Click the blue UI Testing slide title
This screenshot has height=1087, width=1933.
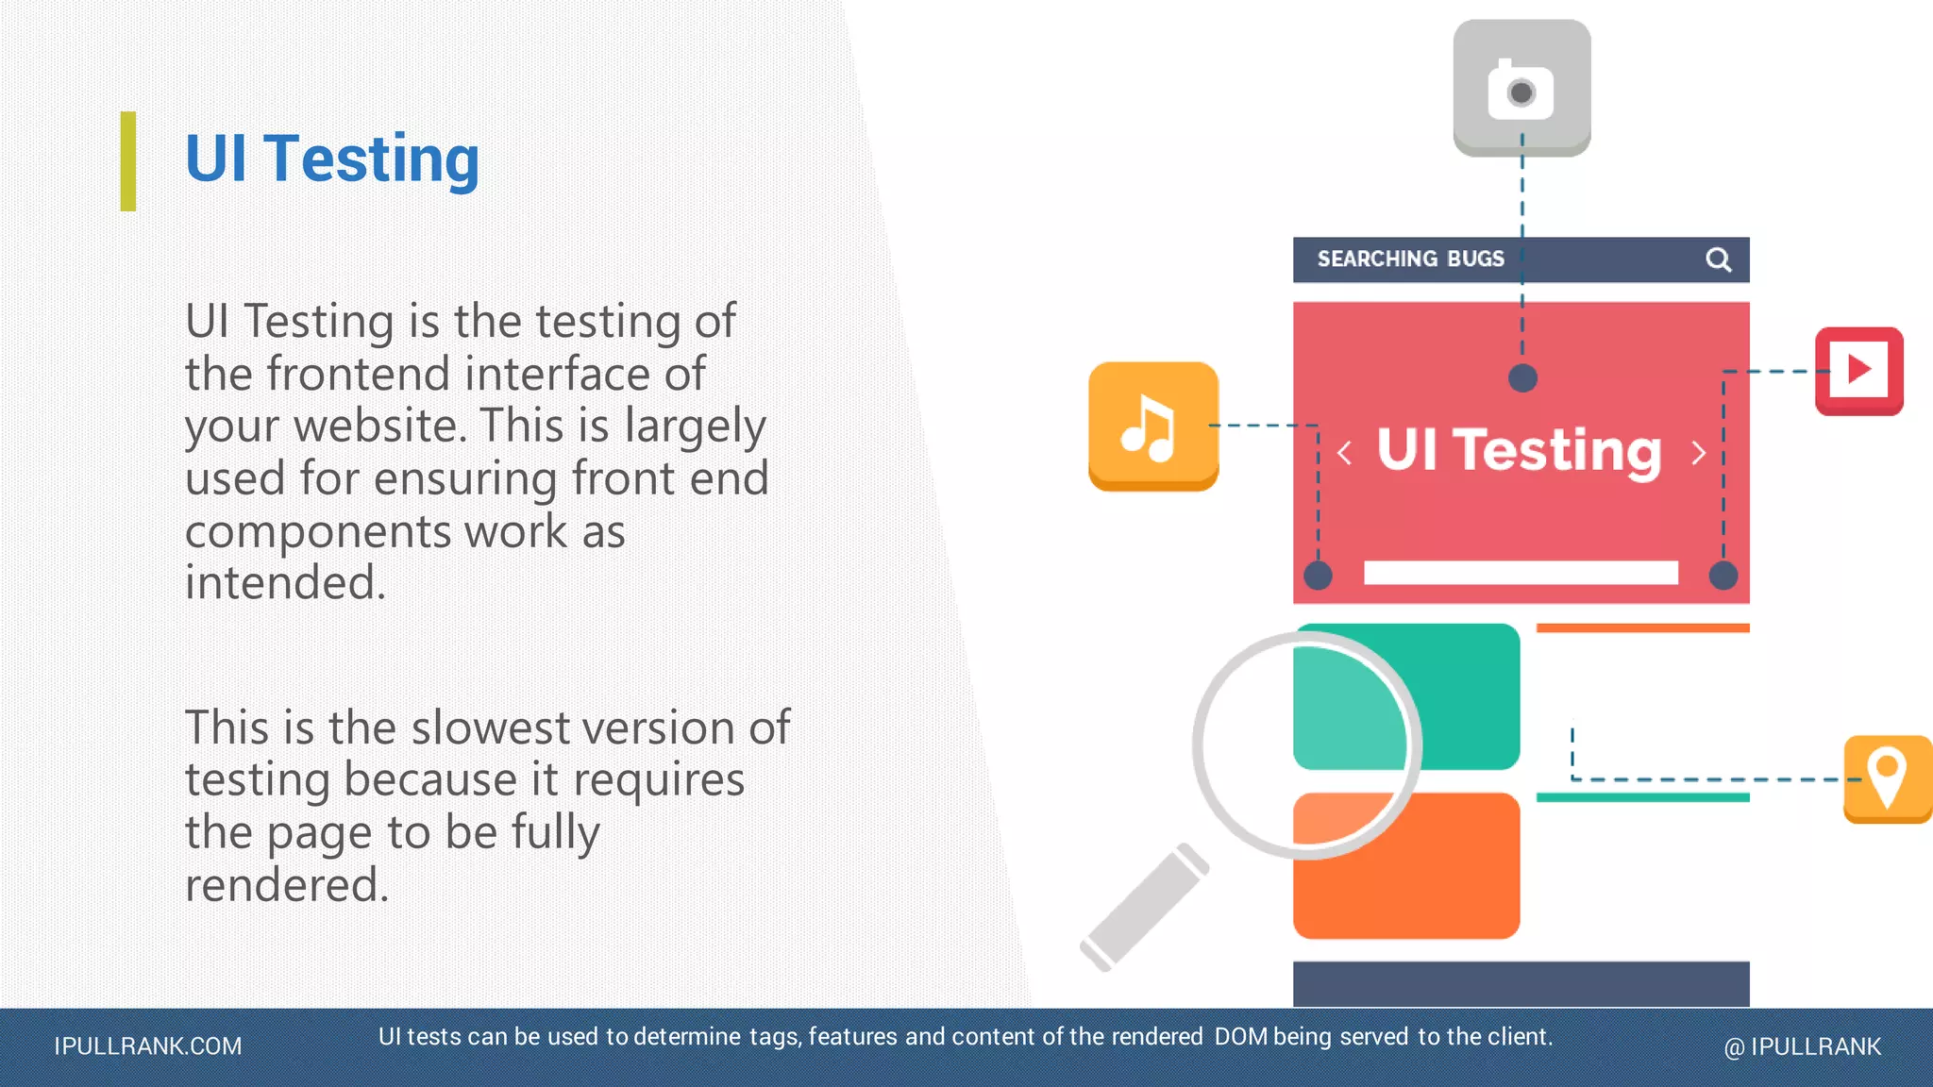tap(332, 159)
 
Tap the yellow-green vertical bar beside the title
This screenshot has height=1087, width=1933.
tap(128, 161)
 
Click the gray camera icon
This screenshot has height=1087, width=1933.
tap(1521, 88)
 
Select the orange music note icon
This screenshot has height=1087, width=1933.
tap(1152, 426)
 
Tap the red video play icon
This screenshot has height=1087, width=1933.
tap(1858, 370)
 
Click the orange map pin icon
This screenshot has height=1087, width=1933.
tap(1887, 778)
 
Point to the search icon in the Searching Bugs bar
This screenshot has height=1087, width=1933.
tap(1718, 259)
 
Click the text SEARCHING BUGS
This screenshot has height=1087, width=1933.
tap(1410, 259)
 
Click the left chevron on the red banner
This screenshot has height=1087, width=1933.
tap(1344, 454)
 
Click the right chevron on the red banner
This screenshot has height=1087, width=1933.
tap(1699, 454)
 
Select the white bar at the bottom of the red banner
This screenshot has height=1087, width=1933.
tap(1521, 572)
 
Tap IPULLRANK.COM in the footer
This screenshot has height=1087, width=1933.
tap(148, 1046)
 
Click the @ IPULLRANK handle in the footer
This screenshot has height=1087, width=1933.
tap(1802, 1046)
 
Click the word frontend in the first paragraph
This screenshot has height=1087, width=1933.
tap(359, 374)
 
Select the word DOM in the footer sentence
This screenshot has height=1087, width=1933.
tap(1240, 1036)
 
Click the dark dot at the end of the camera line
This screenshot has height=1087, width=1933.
tap(1522, 378)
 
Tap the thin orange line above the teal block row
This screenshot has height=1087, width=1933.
tap(1642, 627)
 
